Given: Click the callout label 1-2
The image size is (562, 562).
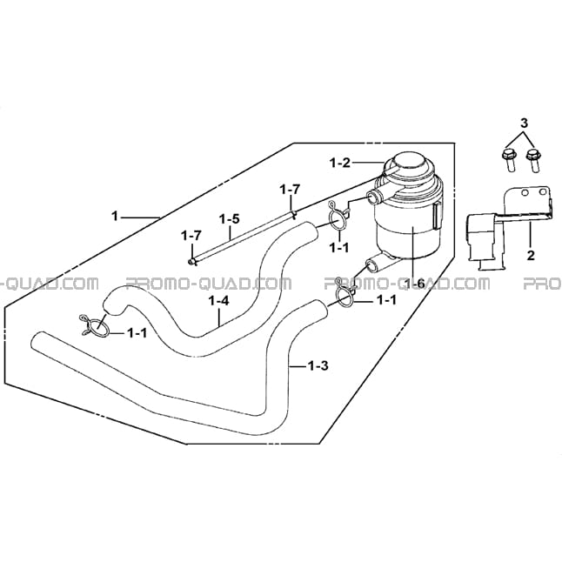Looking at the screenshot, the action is pyautogui.click(x=339, y=163).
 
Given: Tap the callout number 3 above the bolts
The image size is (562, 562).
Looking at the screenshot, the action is pyautogui.click(x=524, y=124).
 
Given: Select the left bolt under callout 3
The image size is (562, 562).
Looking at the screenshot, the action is pyautogui.click(x=509, y=160).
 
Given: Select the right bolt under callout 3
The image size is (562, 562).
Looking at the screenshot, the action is pyautogui.click(x=533, y=161).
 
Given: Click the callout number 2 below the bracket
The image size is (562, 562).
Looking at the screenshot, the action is pyautogui.click(x=531, y=255).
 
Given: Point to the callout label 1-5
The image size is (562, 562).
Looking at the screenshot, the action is pyautogui.click(x=230, y=219).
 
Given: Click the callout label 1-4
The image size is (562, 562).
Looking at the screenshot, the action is pyautogui.click(x=218, y=301).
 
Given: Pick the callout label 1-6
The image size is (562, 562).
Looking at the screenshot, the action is pyautogui.click(x=414, y=284).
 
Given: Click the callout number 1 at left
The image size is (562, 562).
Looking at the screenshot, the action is pyautogui.click(x=115, y=216).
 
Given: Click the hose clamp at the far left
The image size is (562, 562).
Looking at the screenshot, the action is pyautogui.click(x=94, y=325).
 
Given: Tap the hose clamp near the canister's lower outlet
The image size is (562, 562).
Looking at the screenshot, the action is pyautogui.click(x=345, y=291).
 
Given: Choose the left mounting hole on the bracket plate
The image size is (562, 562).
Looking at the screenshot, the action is pyautogui.click(x=525, y=193).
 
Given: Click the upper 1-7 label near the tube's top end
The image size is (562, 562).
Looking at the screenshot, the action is pyautogui.click(x=291, y=190).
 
